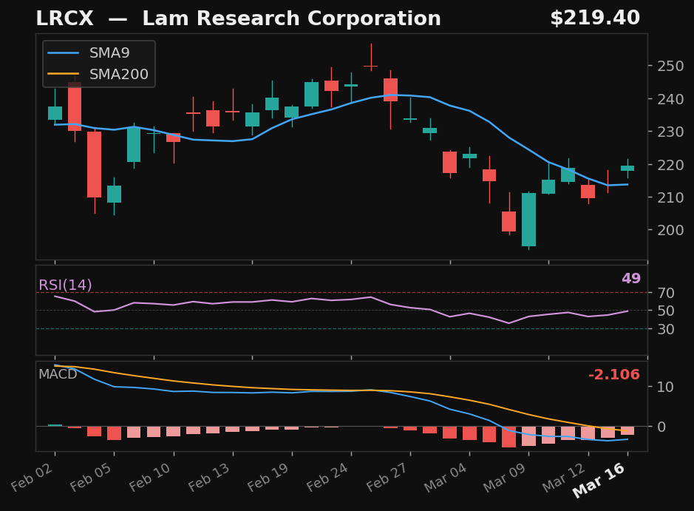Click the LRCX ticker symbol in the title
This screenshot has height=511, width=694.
click(65, 19)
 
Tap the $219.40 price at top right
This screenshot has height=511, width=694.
click(594, 18)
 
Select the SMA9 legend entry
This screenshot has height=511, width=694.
click(109, 53)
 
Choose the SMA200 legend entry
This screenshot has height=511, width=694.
click(118, 75)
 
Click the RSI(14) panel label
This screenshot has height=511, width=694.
click(65, 285)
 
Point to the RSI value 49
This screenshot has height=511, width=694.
click(630, 279)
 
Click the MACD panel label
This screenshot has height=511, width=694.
click(58, 374)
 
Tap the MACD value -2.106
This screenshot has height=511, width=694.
click(613, 375)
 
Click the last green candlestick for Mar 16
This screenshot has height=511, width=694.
click(627, 168)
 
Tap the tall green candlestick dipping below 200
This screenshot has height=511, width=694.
click(528, 219)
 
